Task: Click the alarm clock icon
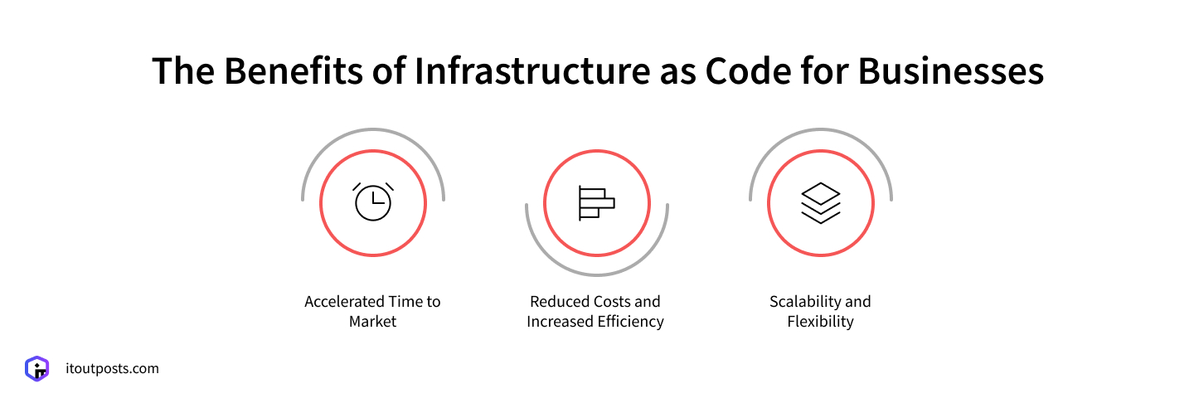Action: pyautogui.click(x=373, y=201)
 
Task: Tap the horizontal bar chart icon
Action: pyautogui.click(x=596, y=203)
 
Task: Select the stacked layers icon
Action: pyautogui.click(x=821, y=203)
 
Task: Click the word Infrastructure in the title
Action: pyautogui.click(x=532, y=71)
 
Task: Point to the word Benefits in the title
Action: pyautogui.click(x=294, y=71)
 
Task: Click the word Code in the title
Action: pyautogui.click(x=749, y=71)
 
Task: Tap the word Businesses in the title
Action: pyautogui.click(x=951, y=71)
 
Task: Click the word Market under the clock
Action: pyautogui.click(x=372, y=322)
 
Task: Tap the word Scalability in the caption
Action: pyautogui.click(x=803, y=302)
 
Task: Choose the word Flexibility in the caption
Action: pyautogui.click(x=820, y=322)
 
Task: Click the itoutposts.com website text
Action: pyautogui.click(x=113, y=369)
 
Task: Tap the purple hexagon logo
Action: pyautogui.click(x=36, y=369)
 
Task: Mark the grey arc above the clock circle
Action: pyautogui.click(x=373, y=130)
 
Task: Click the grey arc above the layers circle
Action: pyautogui.click(x=821, y=130)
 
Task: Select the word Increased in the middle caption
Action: pyautogui.click(x=559, y=322)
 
